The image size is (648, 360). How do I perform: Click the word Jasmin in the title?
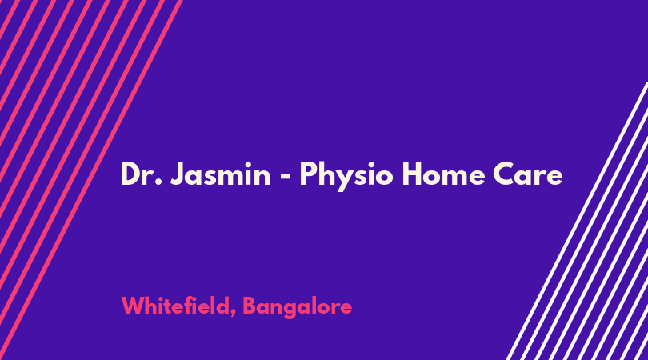220,174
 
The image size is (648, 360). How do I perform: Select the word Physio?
346,176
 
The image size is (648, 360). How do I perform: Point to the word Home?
443,174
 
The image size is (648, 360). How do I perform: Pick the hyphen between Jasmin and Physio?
285,176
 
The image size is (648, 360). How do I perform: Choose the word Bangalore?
297,307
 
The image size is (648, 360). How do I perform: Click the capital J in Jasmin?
176,174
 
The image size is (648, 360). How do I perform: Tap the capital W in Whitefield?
132,306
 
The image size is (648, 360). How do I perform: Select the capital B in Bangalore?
249,306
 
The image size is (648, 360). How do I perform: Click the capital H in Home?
411,174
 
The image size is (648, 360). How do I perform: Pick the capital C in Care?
503,174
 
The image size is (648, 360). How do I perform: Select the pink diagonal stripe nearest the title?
91,180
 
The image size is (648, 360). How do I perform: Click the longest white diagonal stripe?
577,221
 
